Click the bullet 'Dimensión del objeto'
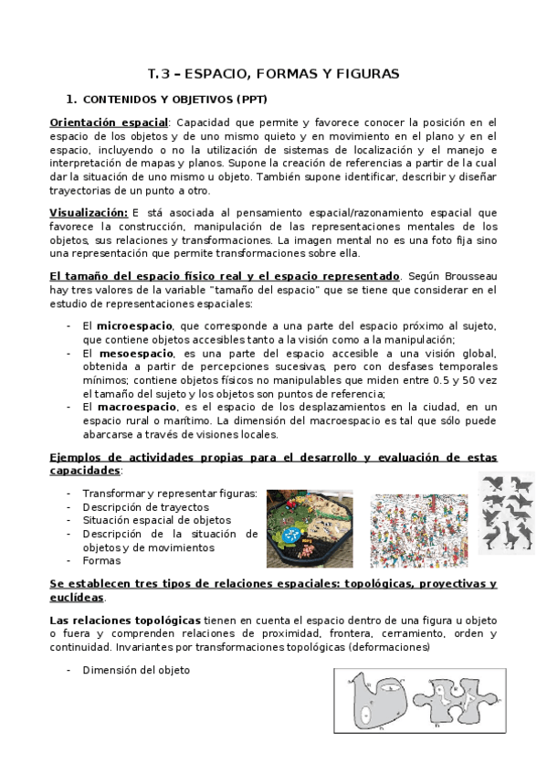tap(135, 671)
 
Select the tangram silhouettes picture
tap(508, 514)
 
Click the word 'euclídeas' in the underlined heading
tap(76, 597)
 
